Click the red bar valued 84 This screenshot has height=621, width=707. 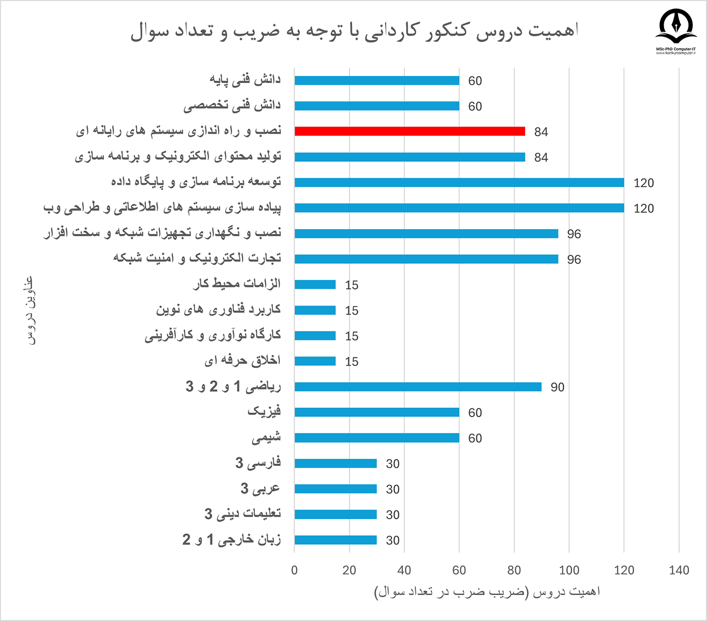pos(410,131)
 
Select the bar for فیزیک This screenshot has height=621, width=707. pos(377,412)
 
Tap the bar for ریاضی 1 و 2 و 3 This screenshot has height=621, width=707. pos(418,387)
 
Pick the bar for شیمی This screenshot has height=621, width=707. pos(377,438)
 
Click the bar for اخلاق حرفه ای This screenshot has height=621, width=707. pos(315,361)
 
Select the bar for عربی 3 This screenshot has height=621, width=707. pos(336,489)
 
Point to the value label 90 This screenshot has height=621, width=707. pos(557,387)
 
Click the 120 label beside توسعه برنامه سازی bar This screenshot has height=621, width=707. pos(643,183)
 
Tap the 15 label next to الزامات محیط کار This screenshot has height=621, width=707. pos(352,285)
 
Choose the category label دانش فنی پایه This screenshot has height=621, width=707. pos(245,80)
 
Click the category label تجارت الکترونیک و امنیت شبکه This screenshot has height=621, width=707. pos(197,258)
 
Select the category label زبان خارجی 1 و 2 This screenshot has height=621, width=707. pos(231,539)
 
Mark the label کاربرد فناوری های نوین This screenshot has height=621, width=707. pos(218,309)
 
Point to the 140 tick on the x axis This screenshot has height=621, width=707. pos(679,570)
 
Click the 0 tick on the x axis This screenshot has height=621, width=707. pos(295,570)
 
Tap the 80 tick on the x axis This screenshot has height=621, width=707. pos(514,570)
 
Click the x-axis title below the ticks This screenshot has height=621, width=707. pos(487,592)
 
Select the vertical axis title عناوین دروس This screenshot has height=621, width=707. pos(29,310)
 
